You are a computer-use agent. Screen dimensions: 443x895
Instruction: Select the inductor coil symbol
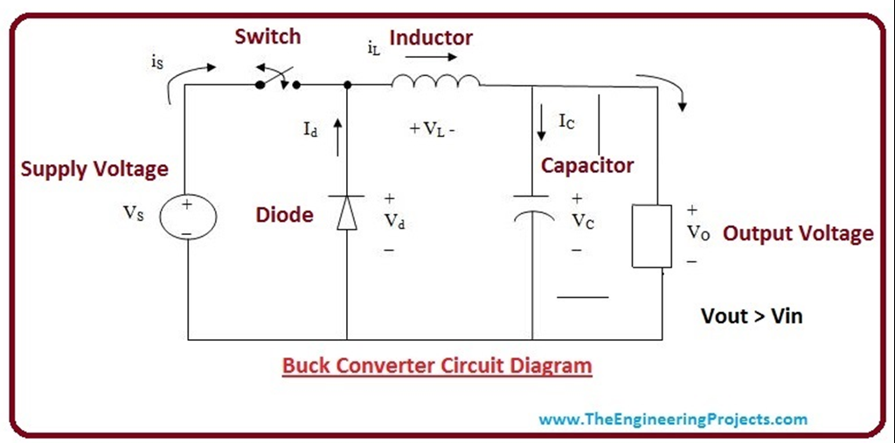(435, 82)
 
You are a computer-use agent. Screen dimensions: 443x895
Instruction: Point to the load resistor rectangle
(652, 236)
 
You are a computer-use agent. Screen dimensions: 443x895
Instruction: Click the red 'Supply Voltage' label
(94, 169)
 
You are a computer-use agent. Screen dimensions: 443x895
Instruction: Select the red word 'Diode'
(284, 214)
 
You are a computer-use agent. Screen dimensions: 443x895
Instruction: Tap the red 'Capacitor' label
(586, 164)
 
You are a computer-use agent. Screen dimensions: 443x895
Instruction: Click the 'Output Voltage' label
(797, 233)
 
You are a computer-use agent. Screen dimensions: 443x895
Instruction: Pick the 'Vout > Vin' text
(752, 315)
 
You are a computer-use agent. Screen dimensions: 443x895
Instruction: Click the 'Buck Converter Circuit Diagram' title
(437, 364)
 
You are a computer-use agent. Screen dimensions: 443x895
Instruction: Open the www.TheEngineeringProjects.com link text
(673, 419)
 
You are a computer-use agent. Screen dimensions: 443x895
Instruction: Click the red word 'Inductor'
(431, 38)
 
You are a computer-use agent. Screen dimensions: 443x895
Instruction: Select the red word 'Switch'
(267, 37)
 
